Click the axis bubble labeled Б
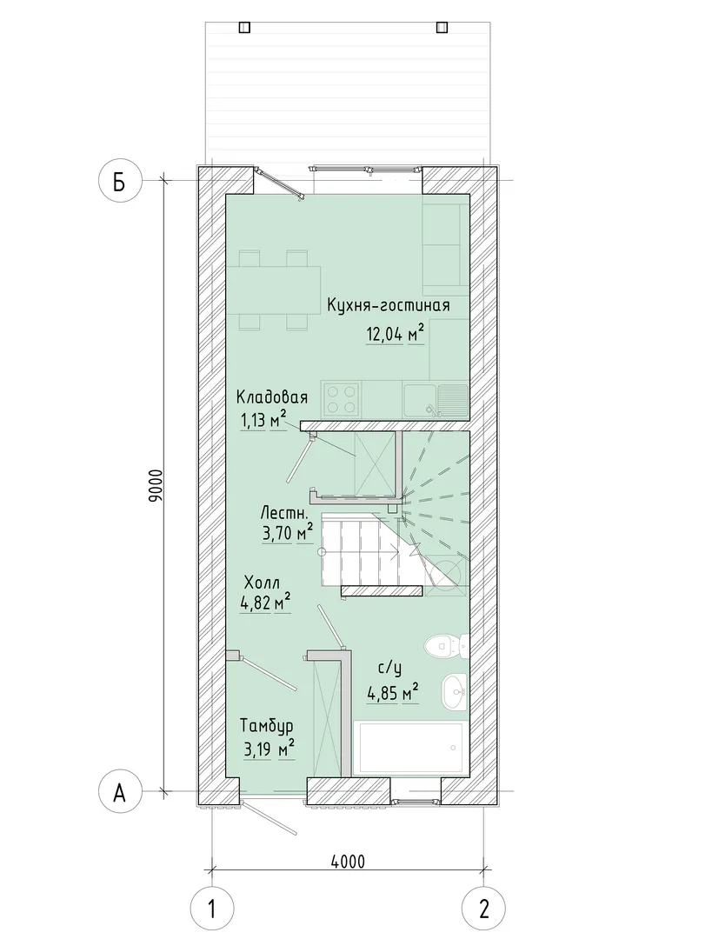tap(120, 181)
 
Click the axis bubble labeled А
tap(120, 793)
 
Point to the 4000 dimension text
tap(348, 862)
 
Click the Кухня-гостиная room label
tap(388, 305)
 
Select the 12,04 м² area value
tap(396, 333)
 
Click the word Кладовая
tap(271, 397)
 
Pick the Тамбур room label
tap(267, 727)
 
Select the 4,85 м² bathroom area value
tap(392, 694)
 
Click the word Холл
tap(262, 583)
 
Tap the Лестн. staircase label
tap(284, 513)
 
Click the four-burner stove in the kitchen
tap(342, 399)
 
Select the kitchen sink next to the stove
tap(436, 400)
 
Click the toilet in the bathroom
tap(445, 646)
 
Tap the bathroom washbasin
tap(455, 692)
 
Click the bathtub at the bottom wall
tap(411, 749)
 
